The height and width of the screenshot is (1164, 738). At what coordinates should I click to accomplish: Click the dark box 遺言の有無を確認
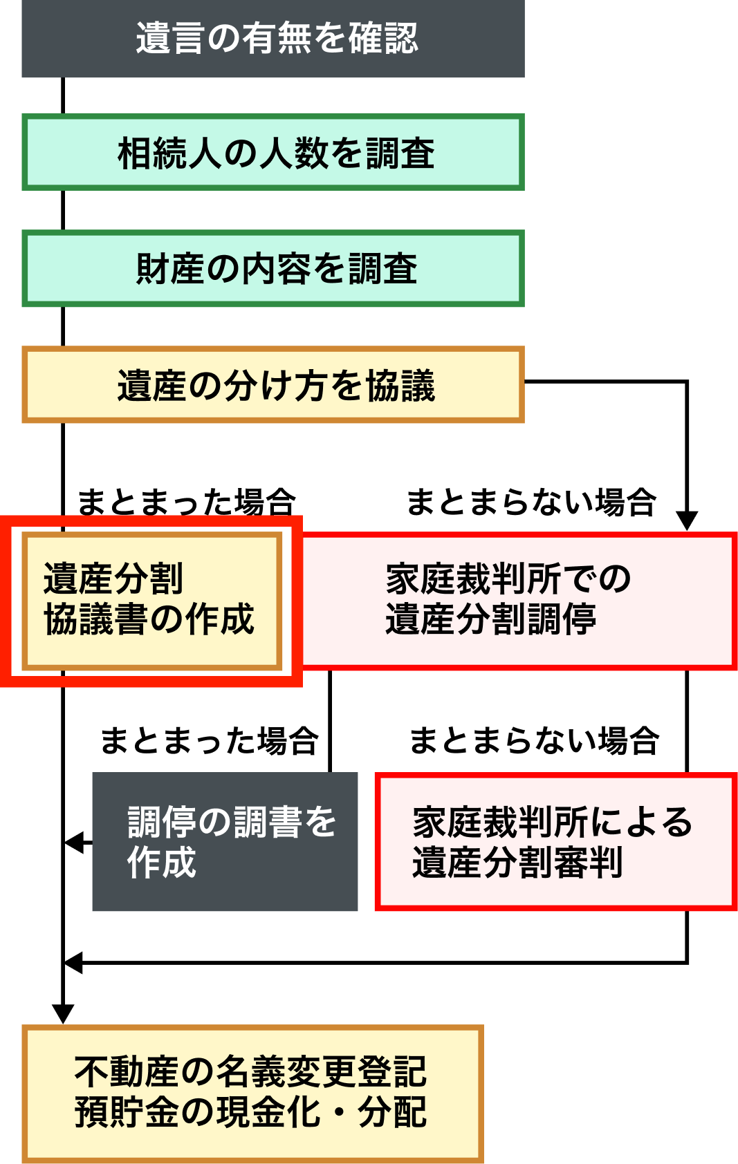pyautogui.click(x=273, y=39)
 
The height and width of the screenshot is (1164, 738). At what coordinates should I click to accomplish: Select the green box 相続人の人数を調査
pyautogui.click(x=273, y=152)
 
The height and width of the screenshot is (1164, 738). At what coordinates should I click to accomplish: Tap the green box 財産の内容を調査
pyautogui.click(x=273, y=268)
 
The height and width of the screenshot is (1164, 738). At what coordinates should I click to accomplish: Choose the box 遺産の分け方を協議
pyautogui.click(x=273, y=384)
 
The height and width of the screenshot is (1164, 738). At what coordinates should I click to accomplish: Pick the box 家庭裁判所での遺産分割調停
pyautogui.click(x=519, y=601)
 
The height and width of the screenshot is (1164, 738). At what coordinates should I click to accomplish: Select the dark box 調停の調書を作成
pyautogui.click(x=225, y=841)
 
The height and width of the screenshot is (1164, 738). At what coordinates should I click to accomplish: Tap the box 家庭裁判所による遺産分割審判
pyautogui.click(x=557, y=841)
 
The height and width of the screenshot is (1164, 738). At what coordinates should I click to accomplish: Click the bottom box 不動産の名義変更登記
pyautogui.click(x=252, y=1094)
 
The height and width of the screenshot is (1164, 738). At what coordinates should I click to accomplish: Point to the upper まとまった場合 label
pyautogui.click(x=187, y=502)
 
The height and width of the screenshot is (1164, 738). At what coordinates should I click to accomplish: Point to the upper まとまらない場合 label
pyautogui.click(x=531, y=502)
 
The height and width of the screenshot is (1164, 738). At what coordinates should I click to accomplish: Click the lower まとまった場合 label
pyautogui.click(x=209, y=740)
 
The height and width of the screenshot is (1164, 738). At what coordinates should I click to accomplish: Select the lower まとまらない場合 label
pyautogui.click(x=535, y=740)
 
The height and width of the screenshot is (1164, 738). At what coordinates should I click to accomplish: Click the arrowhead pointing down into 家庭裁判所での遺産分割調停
pyautogui.click(x=687, y=521)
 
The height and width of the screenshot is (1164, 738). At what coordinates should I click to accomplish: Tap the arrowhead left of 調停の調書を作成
pyautogui.click(x=74, y=843)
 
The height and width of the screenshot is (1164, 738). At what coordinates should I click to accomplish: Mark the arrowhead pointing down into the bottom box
pyautogui.click(x=63, y=1014)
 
